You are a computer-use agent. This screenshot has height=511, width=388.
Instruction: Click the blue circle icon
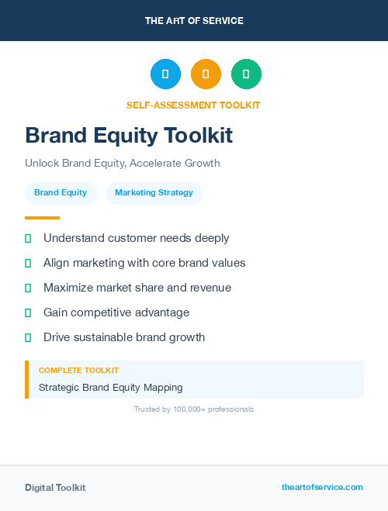point(165,74)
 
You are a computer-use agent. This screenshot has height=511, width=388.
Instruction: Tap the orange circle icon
point(206,74)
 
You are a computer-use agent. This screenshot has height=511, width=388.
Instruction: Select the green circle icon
point(246,74)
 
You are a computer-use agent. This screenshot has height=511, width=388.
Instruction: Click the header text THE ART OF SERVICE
point(194,21)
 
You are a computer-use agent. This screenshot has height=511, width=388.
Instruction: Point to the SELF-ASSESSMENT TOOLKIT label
point(193,105)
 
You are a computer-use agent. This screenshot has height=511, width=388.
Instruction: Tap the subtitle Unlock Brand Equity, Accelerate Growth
point(123,164)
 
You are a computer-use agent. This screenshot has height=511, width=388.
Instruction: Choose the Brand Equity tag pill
point(61,193)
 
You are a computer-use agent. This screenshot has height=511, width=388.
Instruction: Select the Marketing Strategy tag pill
point(154,193)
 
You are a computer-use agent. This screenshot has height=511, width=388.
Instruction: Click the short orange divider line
point(42,218)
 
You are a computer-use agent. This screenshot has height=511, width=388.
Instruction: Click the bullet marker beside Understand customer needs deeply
point(28,239)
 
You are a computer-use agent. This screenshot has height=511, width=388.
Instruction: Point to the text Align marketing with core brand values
point(144,263)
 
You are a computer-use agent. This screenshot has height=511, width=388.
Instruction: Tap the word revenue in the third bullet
point(210,288)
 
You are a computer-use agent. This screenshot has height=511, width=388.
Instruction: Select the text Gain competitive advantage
point(116,312)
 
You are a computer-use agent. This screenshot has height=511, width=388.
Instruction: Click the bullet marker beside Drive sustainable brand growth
point(28,337)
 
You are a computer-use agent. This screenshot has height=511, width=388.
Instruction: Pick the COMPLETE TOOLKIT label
point(78,371)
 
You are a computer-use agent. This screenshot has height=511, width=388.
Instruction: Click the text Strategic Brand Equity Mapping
point(110,387)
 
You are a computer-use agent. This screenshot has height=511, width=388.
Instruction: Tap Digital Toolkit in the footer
point(55,488)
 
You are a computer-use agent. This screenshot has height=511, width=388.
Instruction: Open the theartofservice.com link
point(322,487)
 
